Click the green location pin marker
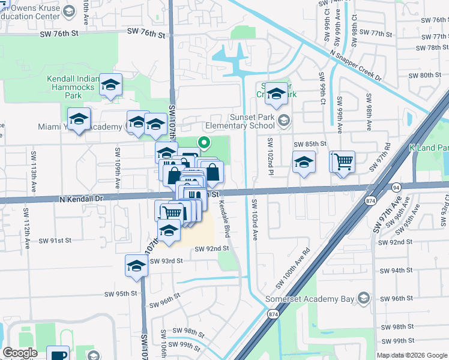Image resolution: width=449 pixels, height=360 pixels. coord(204,143)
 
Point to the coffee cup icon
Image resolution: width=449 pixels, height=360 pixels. coord(58,355)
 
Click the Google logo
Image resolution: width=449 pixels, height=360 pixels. coord(19,353)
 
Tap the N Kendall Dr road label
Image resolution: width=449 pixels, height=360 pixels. coord(81,198)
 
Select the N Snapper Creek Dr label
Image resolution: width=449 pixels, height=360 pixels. coord(355,65)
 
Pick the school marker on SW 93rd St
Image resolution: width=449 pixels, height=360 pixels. coord(137,265)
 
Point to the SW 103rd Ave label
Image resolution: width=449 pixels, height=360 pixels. coord(254,220)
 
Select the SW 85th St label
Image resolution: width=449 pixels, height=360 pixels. coord(310,144)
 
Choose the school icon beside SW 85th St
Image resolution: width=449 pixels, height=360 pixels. coord(304,162)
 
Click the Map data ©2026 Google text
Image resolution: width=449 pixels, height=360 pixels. coord(412,355)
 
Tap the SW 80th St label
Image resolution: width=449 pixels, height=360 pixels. coord(424,75)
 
